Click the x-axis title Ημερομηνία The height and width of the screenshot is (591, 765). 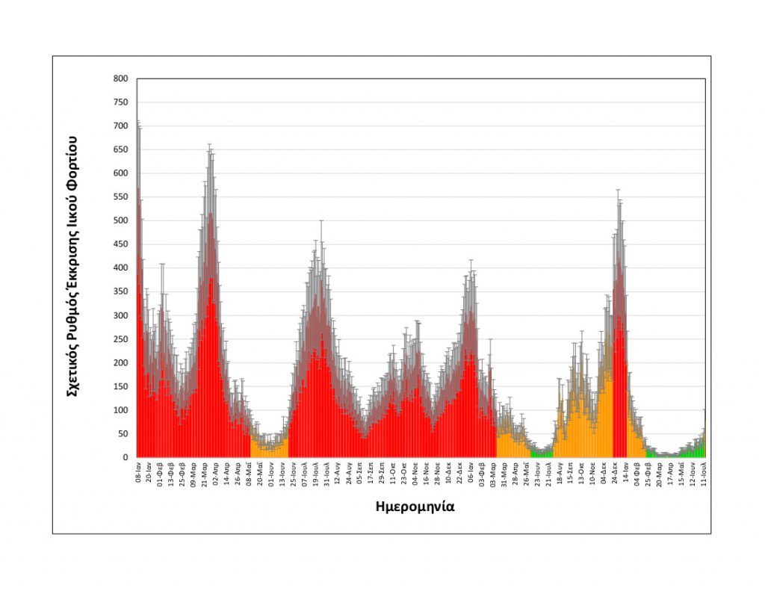[415, 507]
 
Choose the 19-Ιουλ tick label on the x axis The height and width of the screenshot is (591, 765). [315, 475]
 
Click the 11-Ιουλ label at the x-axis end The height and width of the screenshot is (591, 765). [703, 475]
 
